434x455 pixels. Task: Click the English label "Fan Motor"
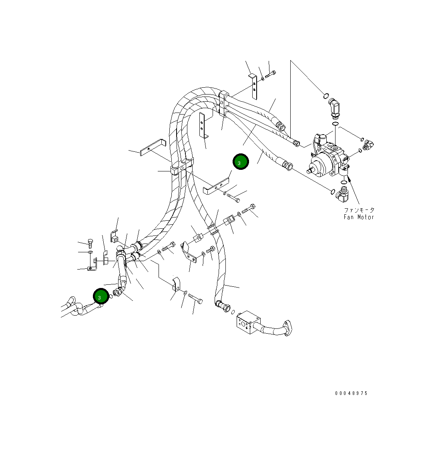pos(359,217)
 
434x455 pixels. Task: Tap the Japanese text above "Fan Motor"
pos(359,210)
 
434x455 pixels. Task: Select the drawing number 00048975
pos(351,393)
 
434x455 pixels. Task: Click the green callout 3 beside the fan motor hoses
pos(241,162)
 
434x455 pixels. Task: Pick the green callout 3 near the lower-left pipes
pos(101,296)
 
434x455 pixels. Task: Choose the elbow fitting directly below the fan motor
pos(343,194)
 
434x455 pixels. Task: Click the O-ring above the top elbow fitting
pos(326,96)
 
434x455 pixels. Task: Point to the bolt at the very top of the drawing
pos(271,74)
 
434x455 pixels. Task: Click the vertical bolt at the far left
pos(90,244)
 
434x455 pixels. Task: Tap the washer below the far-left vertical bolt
pos(90,253)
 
